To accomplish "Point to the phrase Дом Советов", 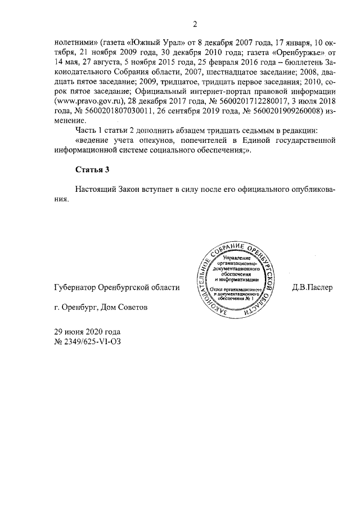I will (125, 308).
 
